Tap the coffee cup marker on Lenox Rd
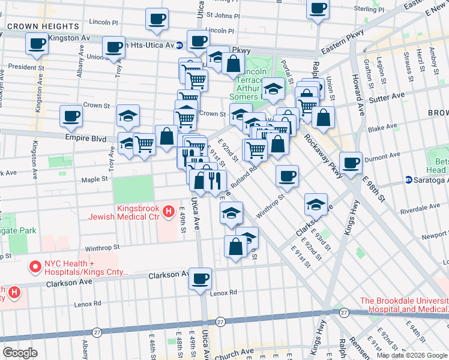click(200, 278)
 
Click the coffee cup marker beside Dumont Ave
click(351, 162)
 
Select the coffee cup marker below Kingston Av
click(37, 43)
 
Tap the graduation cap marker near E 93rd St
click(316, 204)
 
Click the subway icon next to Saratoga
click(409, 179)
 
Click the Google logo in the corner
click(20, 352)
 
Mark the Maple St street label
click(94, 178)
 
